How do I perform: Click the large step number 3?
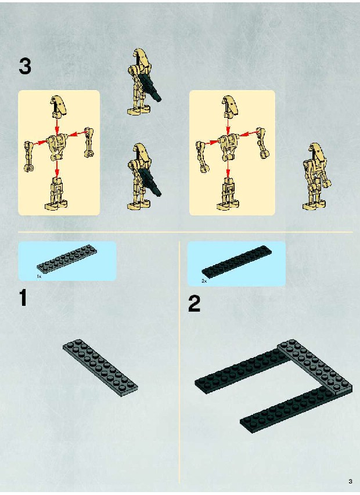(25, 66)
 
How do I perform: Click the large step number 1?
(23, 298)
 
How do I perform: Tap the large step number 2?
(194, 303)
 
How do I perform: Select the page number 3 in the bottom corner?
(350, 482)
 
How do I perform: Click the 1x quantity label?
(39, 277)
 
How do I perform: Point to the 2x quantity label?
(204, 281)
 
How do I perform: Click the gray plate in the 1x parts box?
(67, 258)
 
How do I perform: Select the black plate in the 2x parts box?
(236, 261)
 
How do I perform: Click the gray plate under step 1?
(100, 368)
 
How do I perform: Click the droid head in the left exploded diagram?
(59, 106)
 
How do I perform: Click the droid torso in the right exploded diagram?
(228, 146)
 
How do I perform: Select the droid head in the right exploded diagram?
(230, 106)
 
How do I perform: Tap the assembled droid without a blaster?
(316, 176)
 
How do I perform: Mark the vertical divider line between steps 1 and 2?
(179, 362)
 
